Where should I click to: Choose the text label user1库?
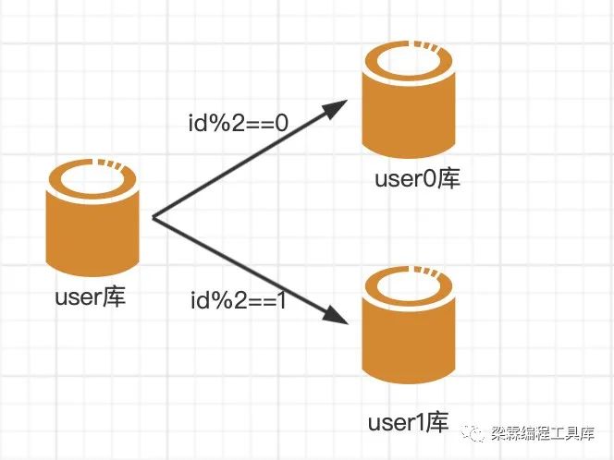(x=407, y=423)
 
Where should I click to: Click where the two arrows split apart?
(x=153, y=218)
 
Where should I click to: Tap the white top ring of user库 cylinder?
(x=92, y=175)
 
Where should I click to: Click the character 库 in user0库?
(x=448, y=178)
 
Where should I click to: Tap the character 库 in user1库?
(x=438, y=423)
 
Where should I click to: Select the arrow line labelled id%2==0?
(x=245, y=164)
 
